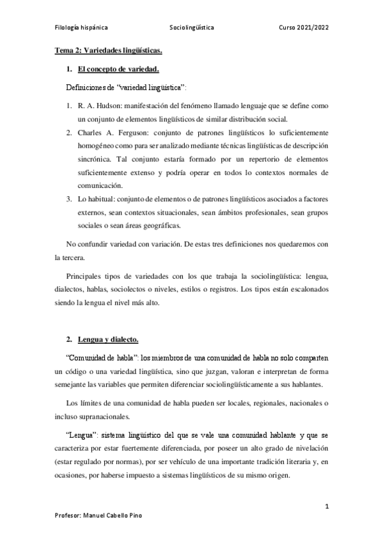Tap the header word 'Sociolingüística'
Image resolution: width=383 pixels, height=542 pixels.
coord(192,28)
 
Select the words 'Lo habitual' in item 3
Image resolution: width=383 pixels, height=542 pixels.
coord(96,199)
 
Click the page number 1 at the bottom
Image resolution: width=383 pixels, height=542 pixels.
coord(327,507)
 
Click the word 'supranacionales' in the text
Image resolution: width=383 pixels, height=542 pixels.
coord(108,416)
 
